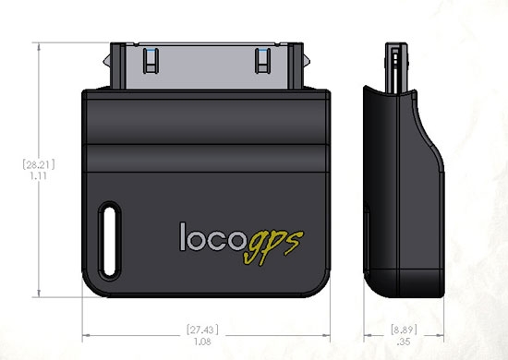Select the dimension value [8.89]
click(x=398, y=328)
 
